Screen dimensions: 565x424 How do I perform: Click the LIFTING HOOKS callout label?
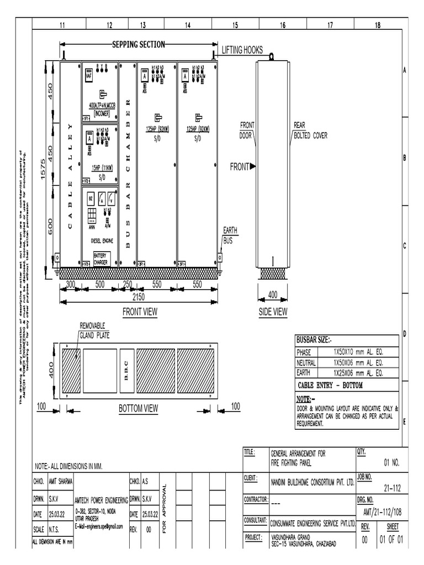click(242, 50)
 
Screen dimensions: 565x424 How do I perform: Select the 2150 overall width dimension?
click(139, 296)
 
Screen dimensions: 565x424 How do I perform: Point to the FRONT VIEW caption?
click(140, 312)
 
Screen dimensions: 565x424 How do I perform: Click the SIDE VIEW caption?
click(273, 312)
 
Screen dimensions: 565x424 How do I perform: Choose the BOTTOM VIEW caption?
click(139, 408)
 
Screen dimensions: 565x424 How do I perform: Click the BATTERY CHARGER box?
click(102, 259)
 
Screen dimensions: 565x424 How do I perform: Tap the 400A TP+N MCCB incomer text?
click(102, 107)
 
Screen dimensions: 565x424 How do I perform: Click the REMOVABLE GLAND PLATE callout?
click(92, 330)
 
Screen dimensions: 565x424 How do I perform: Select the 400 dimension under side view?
click(273, 295)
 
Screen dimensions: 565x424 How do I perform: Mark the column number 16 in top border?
click(282, 25)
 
